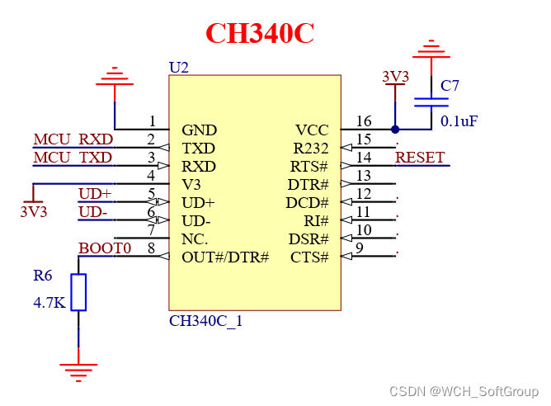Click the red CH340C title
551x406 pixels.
tap(259, 33)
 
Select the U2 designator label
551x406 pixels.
tap(178, 67)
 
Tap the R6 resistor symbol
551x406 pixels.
tap(78, 292)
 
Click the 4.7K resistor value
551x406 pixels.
tap(49, 303)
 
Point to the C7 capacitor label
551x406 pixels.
tap(450, 86)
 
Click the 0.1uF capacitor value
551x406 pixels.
tap(459, 121)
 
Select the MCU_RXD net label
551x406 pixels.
tap(73, 139)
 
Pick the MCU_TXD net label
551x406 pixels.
tap(73, 157)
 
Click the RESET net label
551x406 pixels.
tap(420, 157)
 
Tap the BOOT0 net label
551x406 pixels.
tap(105, 248)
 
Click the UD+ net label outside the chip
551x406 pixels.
tap(95, 194)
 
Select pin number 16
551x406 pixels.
tap(364, 121)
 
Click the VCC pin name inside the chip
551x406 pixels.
tap(312, 130)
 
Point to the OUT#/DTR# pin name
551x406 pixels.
tap(225, 257)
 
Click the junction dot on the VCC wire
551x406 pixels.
tap(395, 130)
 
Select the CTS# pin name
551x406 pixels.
tap(309, 257)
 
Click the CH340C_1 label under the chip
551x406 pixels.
tap(205, 321)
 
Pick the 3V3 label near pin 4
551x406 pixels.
tap(33, 211)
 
